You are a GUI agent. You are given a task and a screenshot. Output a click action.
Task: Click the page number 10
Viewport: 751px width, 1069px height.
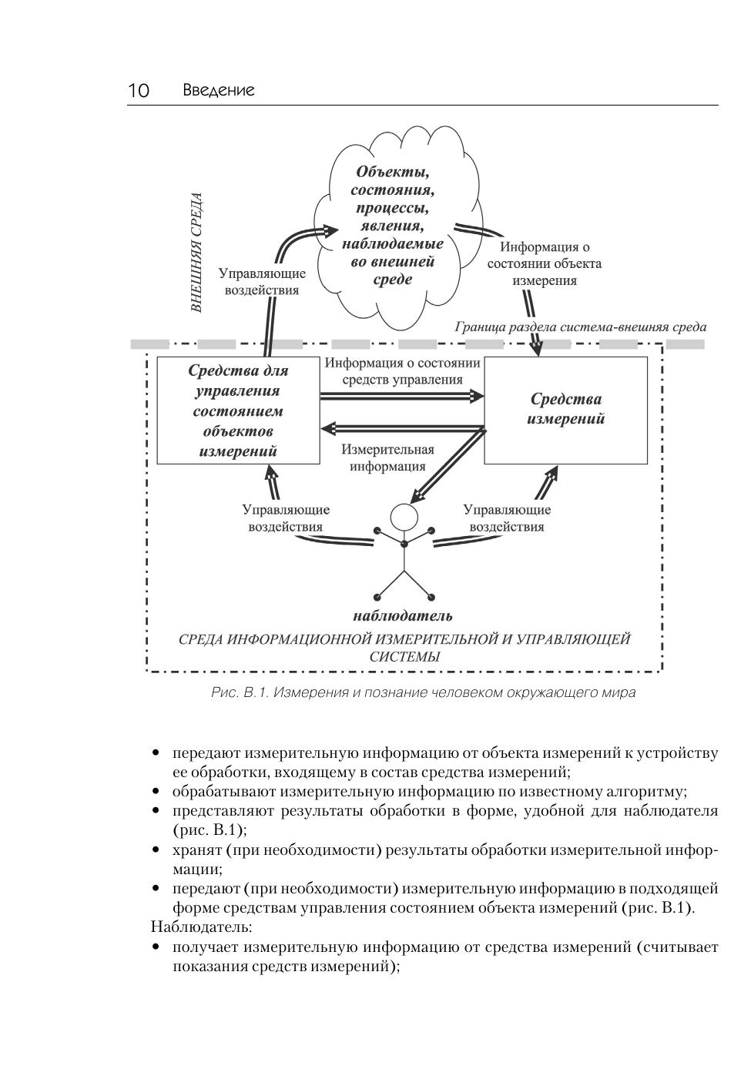click(x=139, y=91)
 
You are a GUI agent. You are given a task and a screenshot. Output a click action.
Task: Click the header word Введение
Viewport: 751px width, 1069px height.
click(x=219, y=91)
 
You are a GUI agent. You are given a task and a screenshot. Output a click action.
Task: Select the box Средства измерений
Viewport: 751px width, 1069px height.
click(x=565, y=410)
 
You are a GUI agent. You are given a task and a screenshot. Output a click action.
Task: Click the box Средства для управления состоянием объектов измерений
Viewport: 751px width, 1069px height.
click(x=238, y=411)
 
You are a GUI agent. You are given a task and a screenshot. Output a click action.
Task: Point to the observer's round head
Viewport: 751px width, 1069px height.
click(x=403, y=514)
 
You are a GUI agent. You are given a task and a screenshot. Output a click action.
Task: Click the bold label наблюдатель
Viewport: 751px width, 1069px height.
click(x=403, y=616)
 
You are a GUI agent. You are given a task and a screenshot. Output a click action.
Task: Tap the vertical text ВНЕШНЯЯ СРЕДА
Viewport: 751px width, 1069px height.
click(x=198, y=253)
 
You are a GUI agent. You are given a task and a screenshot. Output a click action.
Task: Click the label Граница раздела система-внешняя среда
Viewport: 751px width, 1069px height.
click(x=580, y=327)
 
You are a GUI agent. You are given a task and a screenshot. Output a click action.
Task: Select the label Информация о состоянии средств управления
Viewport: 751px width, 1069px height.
click(x=402, y=370)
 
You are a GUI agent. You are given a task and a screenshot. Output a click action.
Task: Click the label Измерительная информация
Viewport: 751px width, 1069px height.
click(x=387, y=457)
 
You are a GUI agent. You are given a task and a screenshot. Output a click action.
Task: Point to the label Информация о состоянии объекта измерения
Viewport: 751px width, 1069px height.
click(x=545, y=263)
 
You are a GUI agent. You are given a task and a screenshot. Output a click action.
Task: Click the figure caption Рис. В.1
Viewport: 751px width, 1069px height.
click(x=423, y=692)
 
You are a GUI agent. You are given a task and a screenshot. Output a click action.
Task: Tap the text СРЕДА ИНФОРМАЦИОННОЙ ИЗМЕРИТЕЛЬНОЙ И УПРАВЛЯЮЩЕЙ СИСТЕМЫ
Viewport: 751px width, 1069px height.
click(x=404, y=648)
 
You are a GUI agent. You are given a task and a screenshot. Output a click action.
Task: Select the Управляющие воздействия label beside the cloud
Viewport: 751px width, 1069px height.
click(x=262, y=282)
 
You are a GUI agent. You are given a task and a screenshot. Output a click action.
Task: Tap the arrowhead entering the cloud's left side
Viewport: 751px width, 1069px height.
click(x=331, y=230)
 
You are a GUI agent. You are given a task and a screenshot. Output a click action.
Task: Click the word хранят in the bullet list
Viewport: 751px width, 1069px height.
click(x=196, y=850)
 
